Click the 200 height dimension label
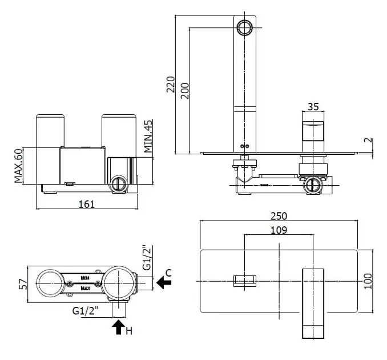pos(185,90)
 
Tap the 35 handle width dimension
pos(312,107)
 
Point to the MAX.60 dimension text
pos(18,166)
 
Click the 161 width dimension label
pos(87,204)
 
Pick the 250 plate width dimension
pos(279,216)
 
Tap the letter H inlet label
pos(129,331)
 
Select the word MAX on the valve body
pos(85,289)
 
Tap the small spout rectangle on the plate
pos(244,281)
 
